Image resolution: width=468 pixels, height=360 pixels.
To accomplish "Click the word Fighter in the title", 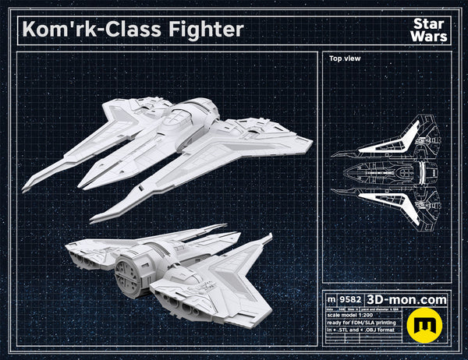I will pos(205,29).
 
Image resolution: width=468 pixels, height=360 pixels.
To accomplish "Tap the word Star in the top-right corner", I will pos(427,22).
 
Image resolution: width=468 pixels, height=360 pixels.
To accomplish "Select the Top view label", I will pos(343,58).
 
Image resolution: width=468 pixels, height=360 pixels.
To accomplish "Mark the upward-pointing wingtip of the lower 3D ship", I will pos(269,238).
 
